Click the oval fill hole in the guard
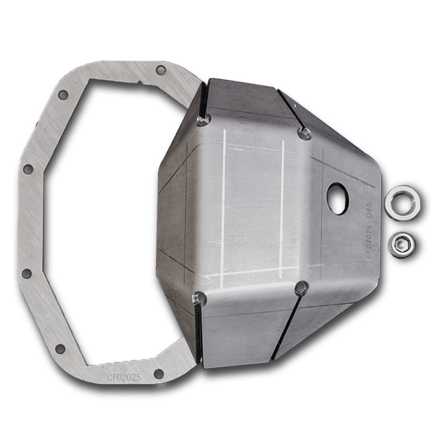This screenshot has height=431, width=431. pyautogui.click(x=338, y=199)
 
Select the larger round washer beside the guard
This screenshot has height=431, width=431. pyautogui.click(x=402, y=203)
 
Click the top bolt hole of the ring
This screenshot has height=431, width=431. pyautogui.click(x=160, y=70)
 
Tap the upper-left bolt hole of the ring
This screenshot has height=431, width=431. pyautogui.click(x=63, y=95)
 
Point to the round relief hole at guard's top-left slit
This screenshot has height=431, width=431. pyautogui.click(x=203, y=120)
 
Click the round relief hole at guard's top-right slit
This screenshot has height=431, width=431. pyautogui.click(x=304, y=133)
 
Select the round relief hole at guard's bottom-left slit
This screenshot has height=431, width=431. pyautogui.click(x=200, y=298)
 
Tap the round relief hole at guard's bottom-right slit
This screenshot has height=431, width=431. pyautogui.click(x=301, y=288)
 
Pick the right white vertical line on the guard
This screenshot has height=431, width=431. pyautogui.click(x=283, y=208)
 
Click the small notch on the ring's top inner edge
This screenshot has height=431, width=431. pyautogui.click(x=140, y=83)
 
